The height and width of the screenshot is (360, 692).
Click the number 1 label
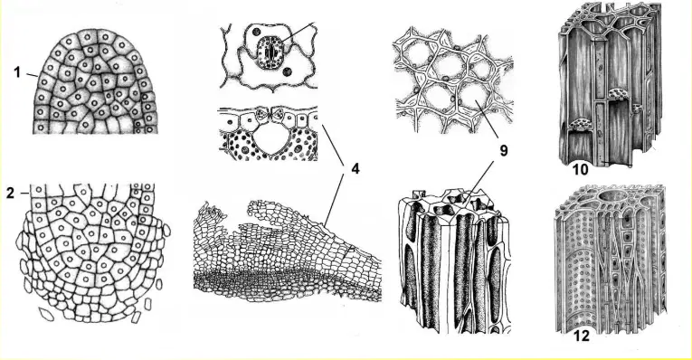click(17, 72)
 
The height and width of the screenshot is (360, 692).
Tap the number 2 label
click(11, 193)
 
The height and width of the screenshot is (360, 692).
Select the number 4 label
click(355, 168)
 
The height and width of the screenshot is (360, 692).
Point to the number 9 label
click(503, 151)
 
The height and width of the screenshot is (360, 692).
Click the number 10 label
click(580, 169)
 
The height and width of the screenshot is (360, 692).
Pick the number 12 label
click(582, 336)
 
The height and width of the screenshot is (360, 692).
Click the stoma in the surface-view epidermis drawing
click(270, 52)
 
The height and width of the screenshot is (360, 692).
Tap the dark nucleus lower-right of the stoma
click(288, 71)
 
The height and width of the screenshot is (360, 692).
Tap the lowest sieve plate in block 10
click(579, 125)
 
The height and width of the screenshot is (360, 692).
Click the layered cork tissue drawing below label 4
click(287, 251)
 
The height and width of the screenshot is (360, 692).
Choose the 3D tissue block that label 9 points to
click(455, 261)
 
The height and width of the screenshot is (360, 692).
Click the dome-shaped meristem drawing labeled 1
click(95, 81)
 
